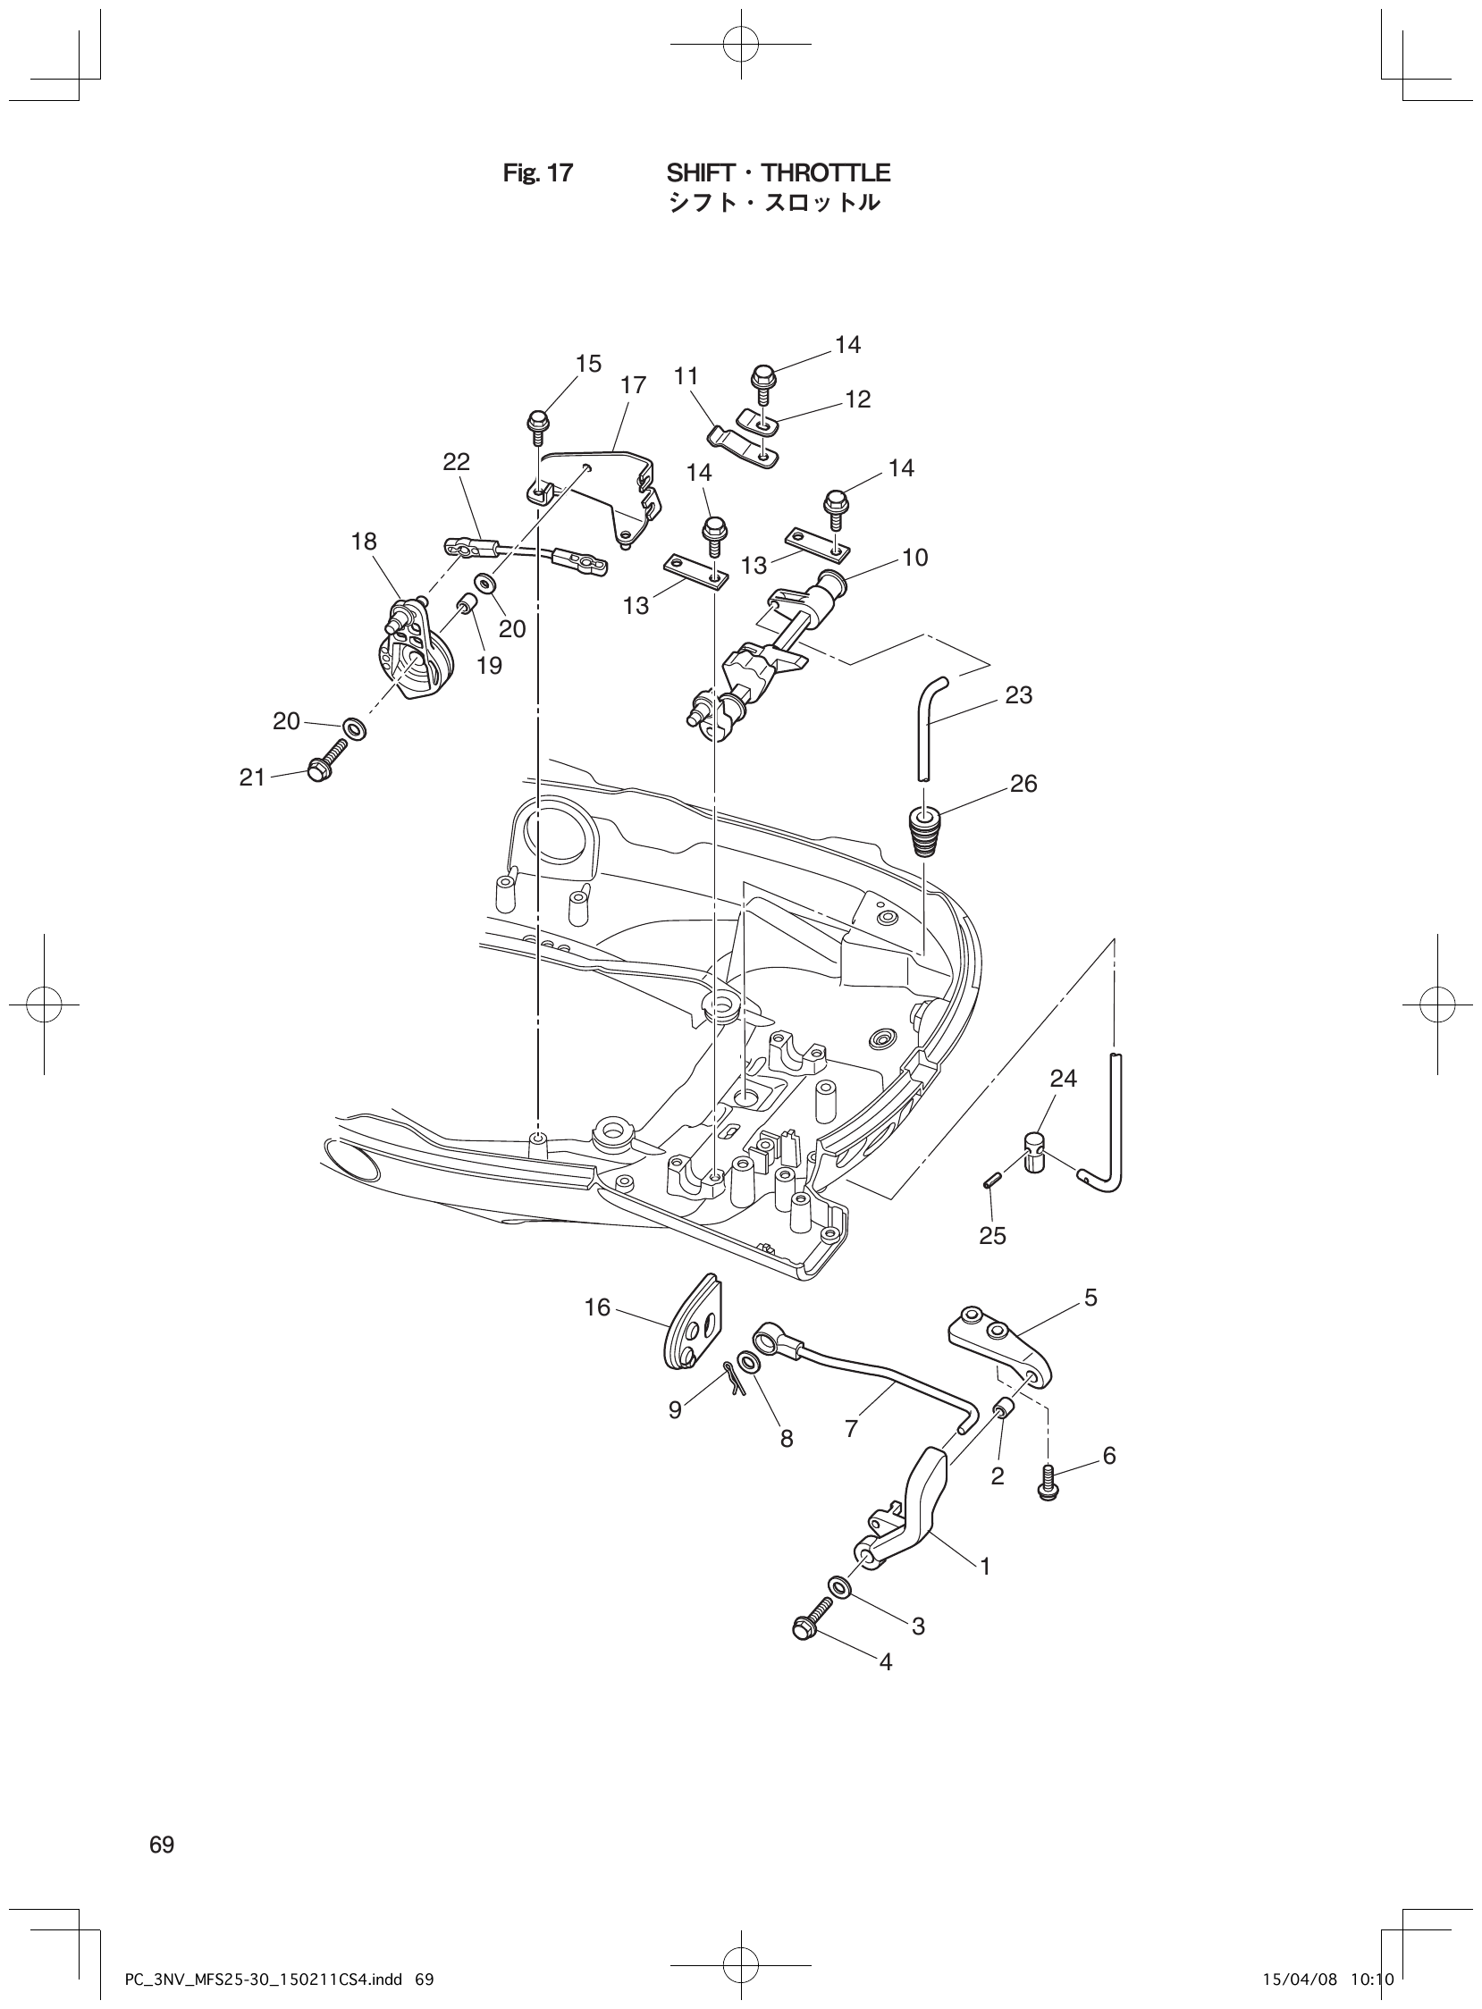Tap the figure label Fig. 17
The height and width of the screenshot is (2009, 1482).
tap(537, 173)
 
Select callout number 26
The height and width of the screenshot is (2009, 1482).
tap(1023, 784)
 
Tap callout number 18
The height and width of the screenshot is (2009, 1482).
tap(364, 542)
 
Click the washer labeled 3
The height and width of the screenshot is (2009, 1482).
tap(840, 1587)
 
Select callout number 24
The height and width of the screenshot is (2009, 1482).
tap(1063, 1078)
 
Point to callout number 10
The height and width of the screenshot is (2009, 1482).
tap(915, 557)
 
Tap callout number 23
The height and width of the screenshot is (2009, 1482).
tap(1019, 695)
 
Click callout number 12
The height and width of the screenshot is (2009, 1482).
tap(857, 399)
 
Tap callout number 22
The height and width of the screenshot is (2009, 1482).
tap(456, 462)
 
